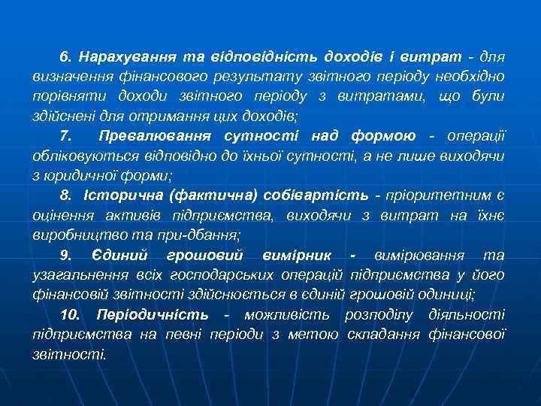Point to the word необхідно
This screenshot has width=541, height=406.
point(467,77)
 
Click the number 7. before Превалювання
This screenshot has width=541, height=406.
point(65,135)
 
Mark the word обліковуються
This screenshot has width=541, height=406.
point(80,156)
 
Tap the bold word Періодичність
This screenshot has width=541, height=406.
point(156,314)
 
